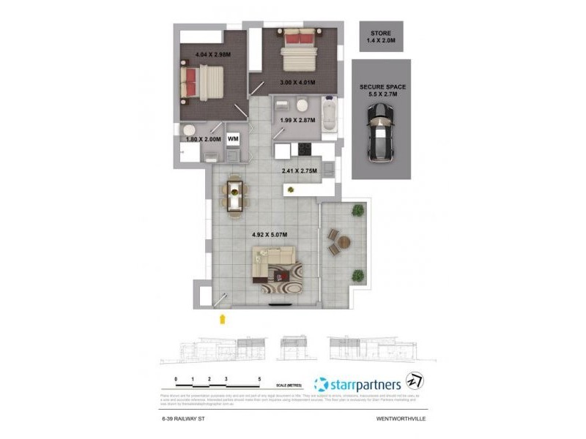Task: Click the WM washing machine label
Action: [234, 138]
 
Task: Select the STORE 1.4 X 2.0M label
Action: [381, 37]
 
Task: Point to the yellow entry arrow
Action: [223, 318]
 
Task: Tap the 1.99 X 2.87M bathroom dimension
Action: [297, 120]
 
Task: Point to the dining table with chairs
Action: [234, 195]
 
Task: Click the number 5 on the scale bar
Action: [260, 378]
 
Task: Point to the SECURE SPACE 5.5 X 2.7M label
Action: [382, 91]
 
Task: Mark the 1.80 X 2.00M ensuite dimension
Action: [203, 139]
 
